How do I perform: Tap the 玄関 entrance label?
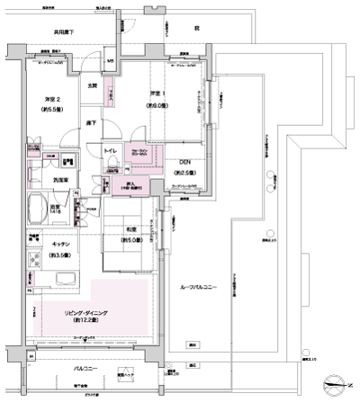[93, 85]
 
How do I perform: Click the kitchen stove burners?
[33, 262]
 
